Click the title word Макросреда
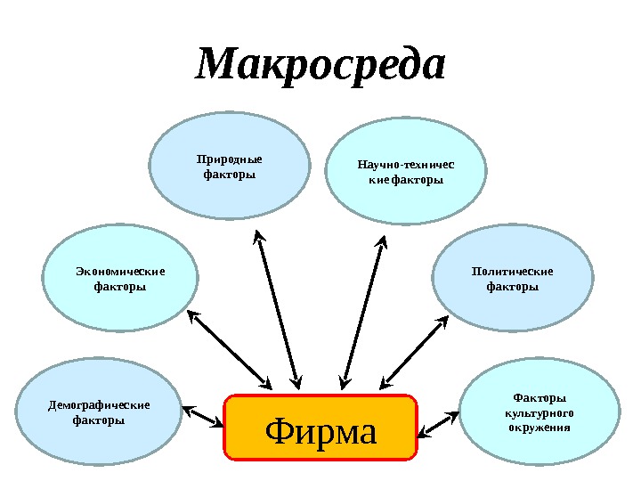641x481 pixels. click(320, 66)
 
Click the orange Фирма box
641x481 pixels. click(320, 428)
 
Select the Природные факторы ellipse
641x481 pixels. click(230, 168)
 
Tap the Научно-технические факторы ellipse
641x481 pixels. click(405, 173)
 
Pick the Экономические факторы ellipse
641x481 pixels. click(120, 279)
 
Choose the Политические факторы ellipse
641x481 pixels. click(512, 279)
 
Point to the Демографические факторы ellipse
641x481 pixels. click(98, 412)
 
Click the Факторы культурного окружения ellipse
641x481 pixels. click(540, 412)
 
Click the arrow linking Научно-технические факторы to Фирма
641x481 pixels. click(364, 312)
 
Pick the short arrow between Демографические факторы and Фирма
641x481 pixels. click(203, 417)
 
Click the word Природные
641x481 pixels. click(230, 160)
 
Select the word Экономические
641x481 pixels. click(120, 272)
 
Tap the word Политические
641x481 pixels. click(512, 272)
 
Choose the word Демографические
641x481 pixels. click(98, 405)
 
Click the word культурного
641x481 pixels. click(540, 413)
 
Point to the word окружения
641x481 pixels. click(540, 428)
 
